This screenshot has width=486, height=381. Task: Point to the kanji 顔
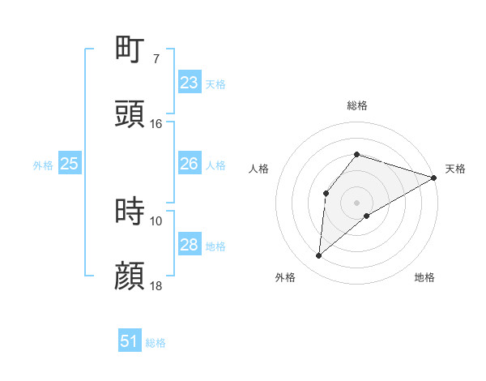point(130,276)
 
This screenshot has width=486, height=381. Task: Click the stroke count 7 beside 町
point(156,59)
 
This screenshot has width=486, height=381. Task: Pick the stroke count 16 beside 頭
point(156,124)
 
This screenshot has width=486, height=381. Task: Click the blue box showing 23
point(189,83)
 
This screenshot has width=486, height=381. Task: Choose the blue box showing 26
point(189,164)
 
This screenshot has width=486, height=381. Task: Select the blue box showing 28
point(189,245)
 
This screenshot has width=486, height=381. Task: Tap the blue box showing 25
point(70,164)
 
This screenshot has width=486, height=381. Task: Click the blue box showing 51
point(130,341)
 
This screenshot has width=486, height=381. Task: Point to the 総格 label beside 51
point(156,343)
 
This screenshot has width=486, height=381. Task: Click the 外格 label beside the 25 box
point(43,165)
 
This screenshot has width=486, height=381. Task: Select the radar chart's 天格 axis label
point(455,169)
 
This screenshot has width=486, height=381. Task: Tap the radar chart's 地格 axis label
point(424,277)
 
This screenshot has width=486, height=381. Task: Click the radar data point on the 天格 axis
point(434,178)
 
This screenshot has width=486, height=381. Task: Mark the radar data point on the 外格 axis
point(319,256)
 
